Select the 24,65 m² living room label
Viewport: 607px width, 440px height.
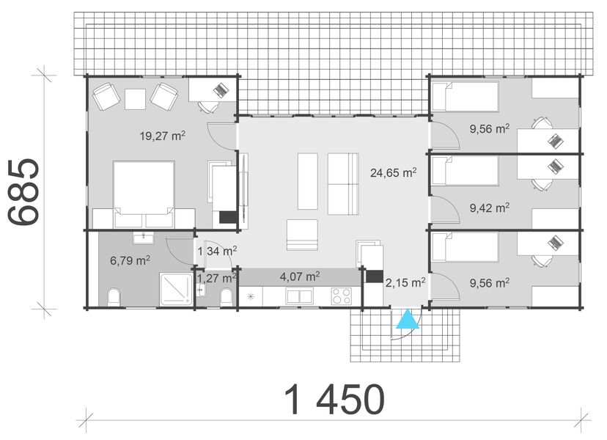coord(393,173)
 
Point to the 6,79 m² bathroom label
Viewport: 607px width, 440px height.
coord(130,260)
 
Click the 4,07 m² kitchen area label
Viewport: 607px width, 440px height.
coord(299,277)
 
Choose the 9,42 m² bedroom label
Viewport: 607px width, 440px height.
coord(489,208)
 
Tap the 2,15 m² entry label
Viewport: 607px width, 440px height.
coord(405,281)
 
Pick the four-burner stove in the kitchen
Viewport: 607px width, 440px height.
coord(342,296)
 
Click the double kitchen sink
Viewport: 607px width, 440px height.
coord(298,296)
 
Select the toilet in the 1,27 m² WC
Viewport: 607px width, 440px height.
coord(227,296)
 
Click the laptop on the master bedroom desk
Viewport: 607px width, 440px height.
coord(220,90)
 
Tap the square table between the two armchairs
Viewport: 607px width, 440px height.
coord(135,98)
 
